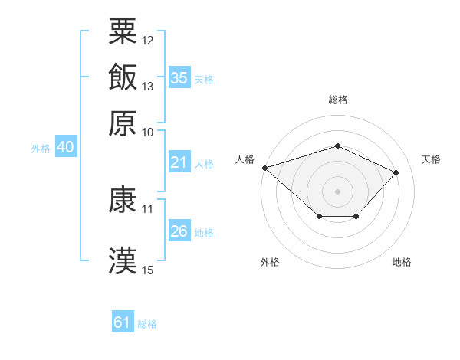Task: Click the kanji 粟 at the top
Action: (x=123, y=31)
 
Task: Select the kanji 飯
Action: (x=123, y=77)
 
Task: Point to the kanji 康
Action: (x=123, y=199)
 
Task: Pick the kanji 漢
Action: (x=123, y=260)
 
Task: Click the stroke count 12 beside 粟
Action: (x=147, y=41)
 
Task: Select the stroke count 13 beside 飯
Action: (x=147, y=87)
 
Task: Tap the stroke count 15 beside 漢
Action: (x=147, y=270)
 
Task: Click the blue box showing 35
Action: (x=179, y=77)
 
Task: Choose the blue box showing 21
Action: (x=179, y=162)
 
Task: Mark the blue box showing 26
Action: (x=179, y=230)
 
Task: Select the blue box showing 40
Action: (x=66, y=146)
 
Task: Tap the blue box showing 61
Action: (x=123, y=321)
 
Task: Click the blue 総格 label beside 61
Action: (x=147, y=324)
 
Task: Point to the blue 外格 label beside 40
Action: (x=41, y=149)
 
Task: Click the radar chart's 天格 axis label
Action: (x=431, y=159)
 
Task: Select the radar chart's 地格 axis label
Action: (x=402, y=262)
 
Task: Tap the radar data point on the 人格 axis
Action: (x=265, y=168)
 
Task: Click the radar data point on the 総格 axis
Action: (x=337, y=146)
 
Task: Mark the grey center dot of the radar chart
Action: (x=337, y=191)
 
